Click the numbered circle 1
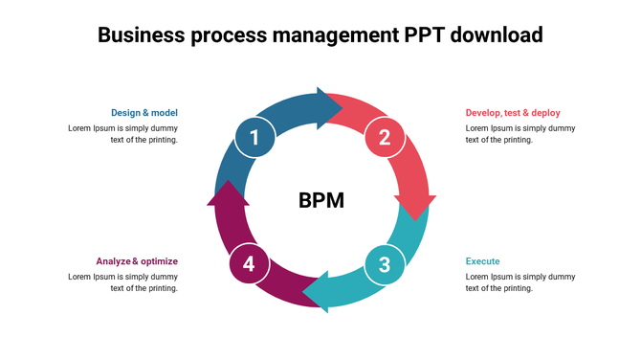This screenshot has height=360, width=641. (254, 138)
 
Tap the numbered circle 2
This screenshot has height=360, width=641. (385, 138)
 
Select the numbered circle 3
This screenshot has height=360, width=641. (385, 264)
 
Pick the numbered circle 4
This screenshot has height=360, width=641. (249, 264)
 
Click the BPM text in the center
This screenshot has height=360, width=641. (320, 201)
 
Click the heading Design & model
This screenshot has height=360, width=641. (144, 113)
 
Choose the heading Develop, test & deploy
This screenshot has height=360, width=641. (513, 113)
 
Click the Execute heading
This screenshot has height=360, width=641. (482, 261)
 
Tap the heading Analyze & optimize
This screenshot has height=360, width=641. (137, 261)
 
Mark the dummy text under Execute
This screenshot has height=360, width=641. (519, 282)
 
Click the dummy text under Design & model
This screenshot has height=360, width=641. (122, 134)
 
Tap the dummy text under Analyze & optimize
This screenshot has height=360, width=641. (122, 282)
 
